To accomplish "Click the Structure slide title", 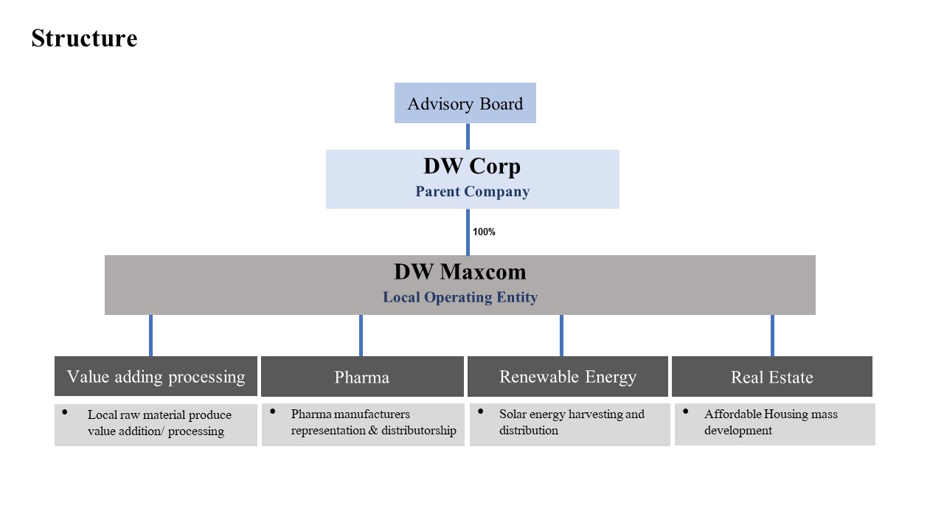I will coord(84,38).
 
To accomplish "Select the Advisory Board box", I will coord(465,103).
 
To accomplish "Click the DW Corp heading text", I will coord(472,166).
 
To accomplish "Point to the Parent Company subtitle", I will coord(472,192).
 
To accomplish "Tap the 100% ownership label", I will coord(484,232).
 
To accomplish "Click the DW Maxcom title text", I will coord(460,271).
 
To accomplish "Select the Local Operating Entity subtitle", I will coord(460,298).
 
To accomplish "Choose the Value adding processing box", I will coord(156,377).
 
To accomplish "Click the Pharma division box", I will coord(362,377).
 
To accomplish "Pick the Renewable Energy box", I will coord(568,377).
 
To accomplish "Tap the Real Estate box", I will coord(771,377).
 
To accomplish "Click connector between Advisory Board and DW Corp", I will coord(468,136).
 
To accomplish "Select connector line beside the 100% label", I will coord(468,232).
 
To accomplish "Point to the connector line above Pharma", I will coord(361,336).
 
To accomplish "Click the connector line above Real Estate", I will coord(772,336).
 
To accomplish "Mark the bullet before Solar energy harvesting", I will coord(481,411).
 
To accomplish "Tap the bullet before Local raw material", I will coord(65,412).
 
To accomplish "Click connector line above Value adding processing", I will coord(150,336).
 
